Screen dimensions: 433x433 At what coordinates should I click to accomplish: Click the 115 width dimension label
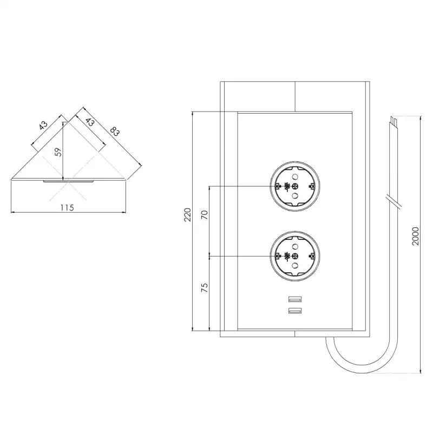[x=67, y=207]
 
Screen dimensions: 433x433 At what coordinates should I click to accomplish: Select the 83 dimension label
[x=114, y=132]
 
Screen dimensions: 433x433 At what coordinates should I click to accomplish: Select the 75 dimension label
[x=204, y=287]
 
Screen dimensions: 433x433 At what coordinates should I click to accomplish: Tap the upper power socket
[x=295, y=186]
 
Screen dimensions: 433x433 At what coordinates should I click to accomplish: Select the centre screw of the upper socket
[x=295, y=186]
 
